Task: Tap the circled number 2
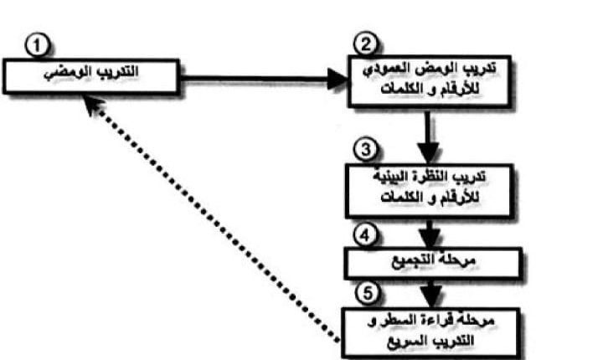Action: click(363, 44)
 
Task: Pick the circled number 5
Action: click(363, 295)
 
